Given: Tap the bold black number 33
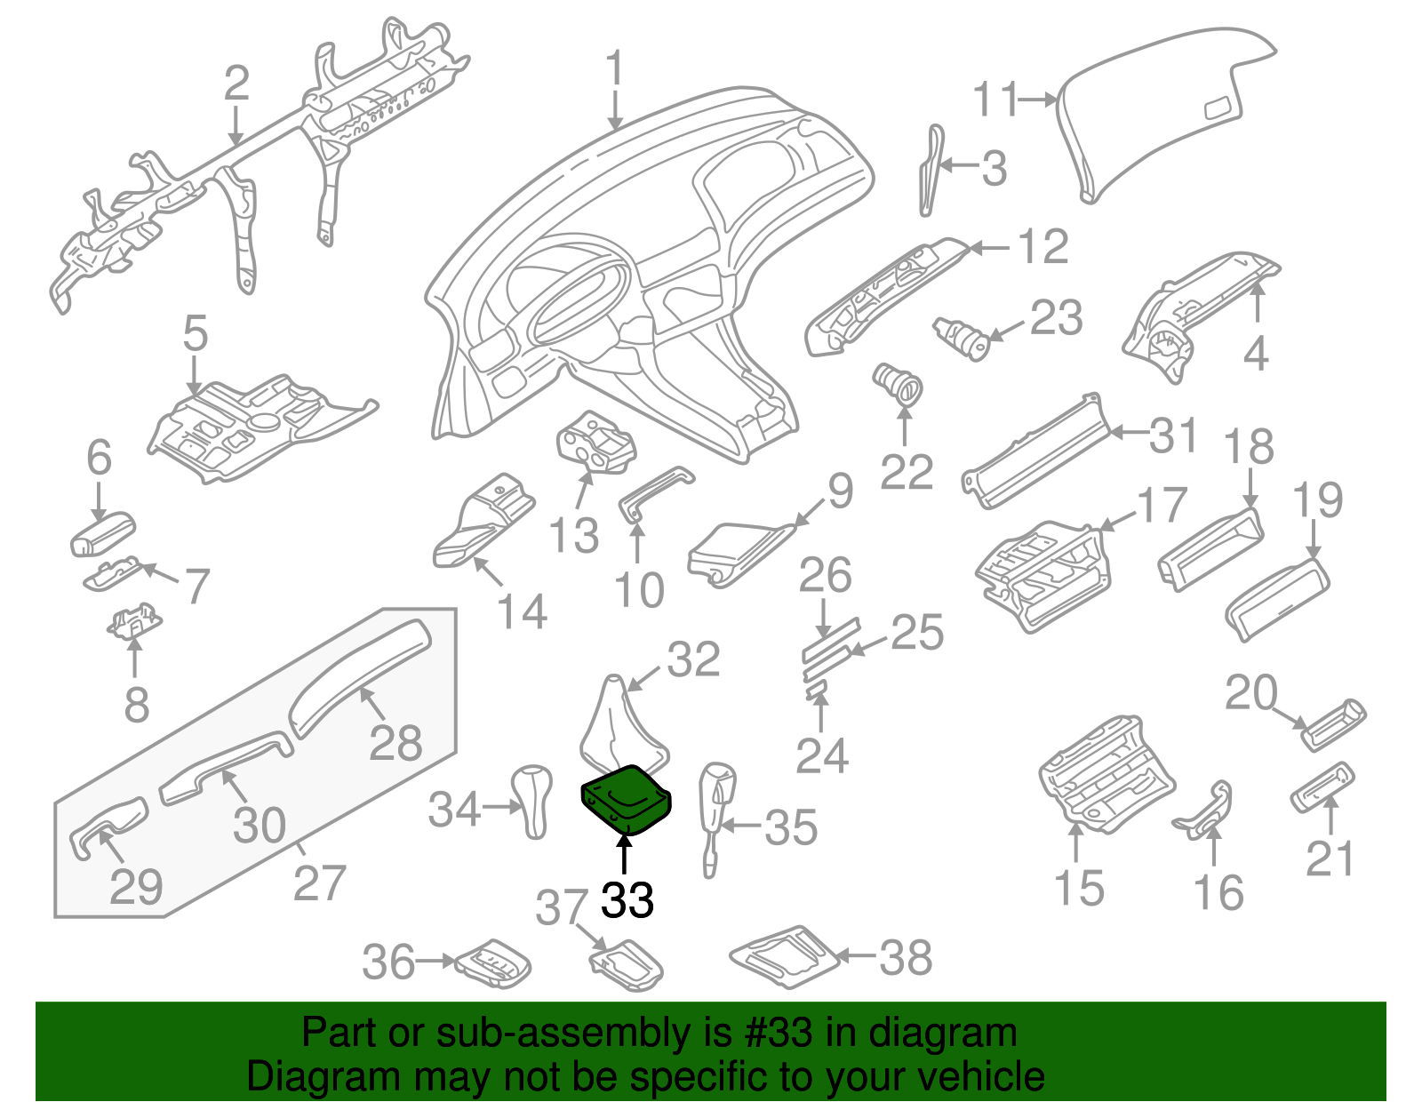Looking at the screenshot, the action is coord(627,900).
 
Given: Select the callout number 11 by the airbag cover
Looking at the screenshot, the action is coord(996,100).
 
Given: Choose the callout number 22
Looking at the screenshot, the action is coord(907,471).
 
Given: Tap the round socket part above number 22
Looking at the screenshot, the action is coord(898,383).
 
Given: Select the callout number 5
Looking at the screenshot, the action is coord(195,333).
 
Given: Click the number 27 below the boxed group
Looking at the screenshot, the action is coord(319,883).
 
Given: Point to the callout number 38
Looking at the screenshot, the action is coord(906,957).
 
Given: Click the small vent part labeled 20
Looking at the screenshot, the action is coord(1334,724).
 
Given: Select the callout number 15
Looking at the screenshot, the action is coord(1079,888).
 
